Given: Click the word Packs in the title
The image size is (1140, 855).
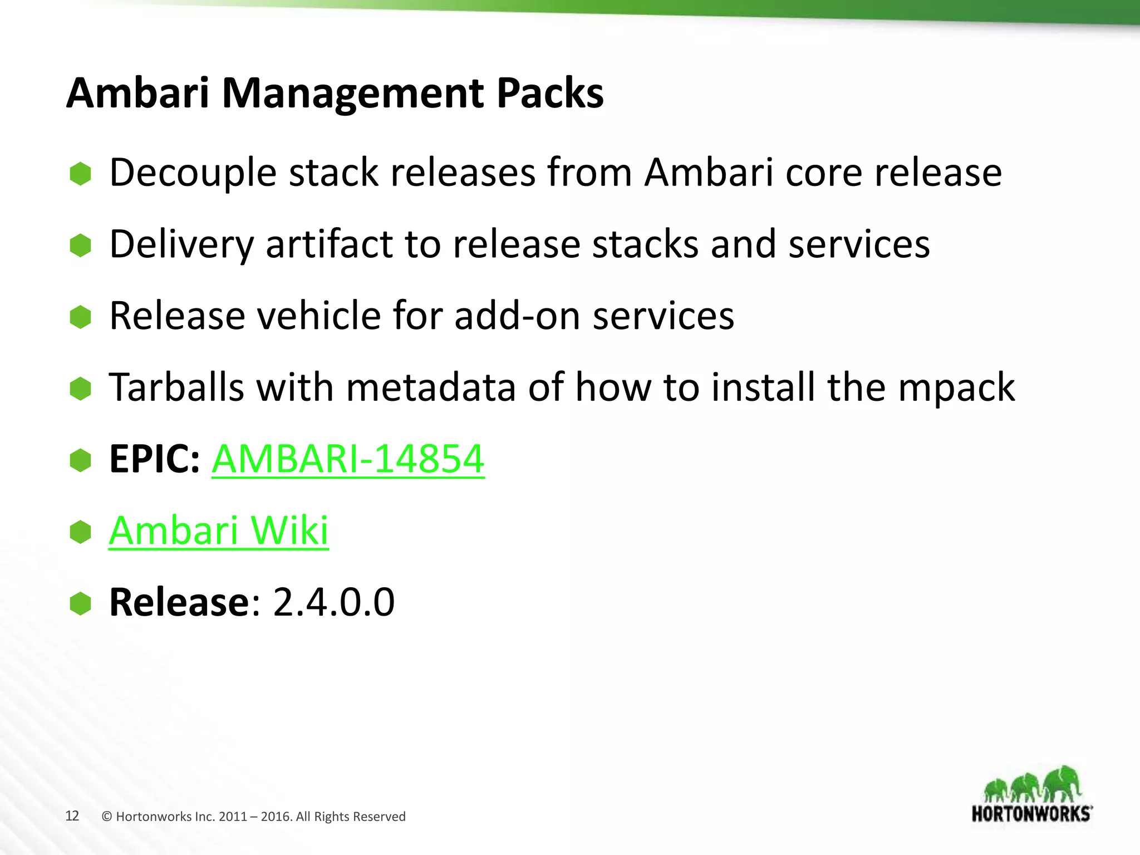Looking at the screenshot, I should [549, 93].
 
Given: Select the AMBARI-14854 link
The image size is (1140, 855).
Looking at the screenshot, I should [348, 459].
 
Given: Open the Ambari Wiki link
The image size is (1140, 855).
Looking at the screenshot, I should [219, 530].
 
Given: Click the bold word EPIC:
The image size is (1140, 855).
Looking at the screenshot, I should [154, 459].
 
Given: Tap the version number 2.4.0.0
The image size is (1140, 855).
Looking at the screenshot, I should [334, 602].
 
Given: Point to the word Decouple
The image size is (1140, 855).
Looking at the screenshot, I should [193, 173].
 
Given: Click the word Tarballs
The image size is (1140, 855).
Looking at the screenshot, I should [176, 387].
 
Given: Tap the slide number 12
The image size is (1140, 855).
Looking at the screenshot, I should [72, 816].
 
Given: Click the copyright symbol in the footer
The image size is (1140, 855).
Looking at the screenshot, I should [107, 817].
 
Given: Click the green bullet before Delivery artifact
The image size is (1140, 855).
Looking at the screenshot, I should [81, 245].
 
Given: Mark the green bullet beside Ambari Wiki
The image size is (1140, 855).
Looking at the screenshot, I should [81, 532].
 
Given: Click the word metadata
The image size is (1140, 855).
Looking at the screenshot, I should [431, 387].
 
